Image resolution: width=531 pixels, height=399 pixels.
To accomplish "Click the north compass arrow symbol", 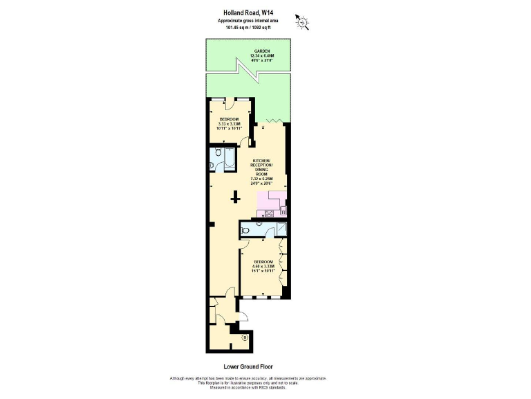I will [x=302, y=22].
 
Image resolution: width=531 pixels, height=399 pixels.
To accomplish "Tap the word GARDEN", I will [x=261, y=52].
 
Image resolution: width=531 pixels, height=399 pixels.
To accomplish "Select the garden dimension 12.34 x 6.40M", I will [x=261, y=56].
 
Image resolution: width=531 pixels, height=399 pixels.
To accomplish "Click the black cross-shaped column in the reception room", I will [x=236, y=198].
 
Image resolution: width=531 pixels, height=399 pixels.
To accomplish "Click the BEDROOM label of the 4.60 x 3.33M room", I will [x=263, y=261].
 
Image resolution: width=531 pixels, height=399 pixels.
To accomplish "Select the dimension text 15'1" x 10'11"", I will [x=263, y=270].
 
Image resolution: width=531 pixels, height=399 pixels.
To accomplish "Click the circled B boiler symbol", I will [x=244, y=338].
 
